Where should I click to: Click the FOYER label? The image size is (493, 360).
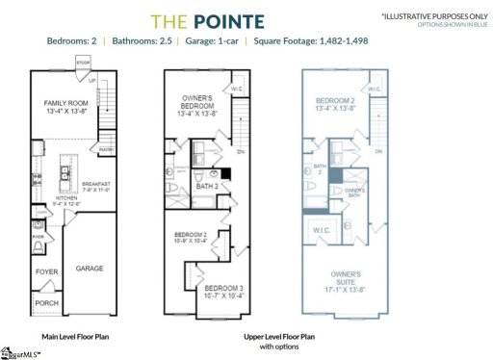pyautogui.click(x=47, y=272)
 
